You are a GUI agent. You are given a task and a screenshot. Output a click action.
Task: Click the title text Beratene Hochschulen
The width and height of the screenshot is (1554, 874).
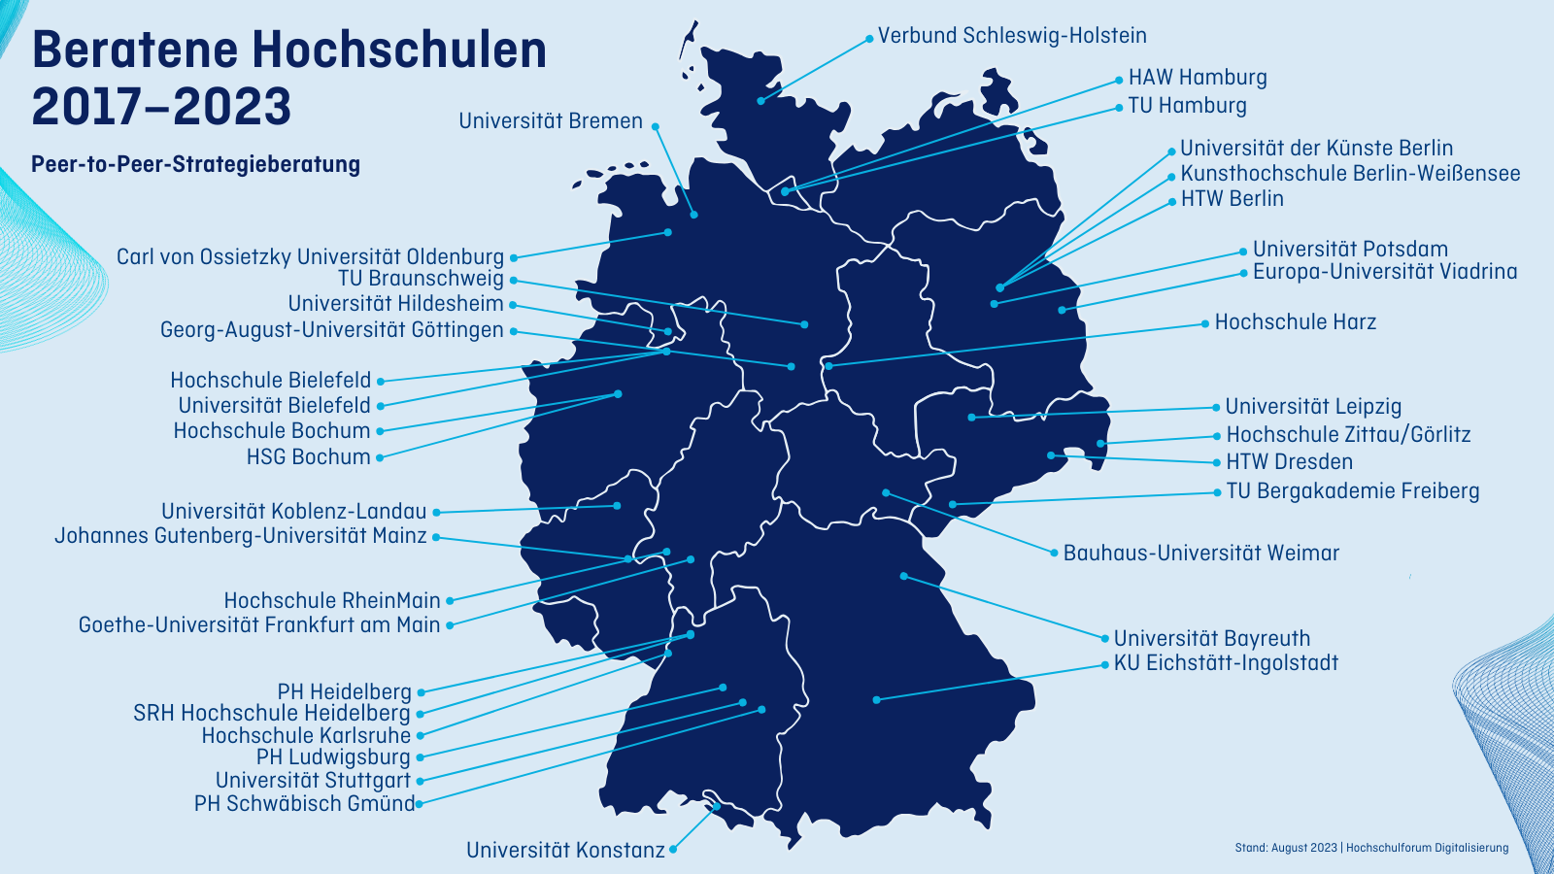(x=288, y=50)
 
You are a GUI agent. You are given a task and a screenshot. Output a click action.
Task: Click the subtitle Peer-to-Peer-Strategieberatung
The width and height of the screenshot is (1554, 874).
(x=195, y=164)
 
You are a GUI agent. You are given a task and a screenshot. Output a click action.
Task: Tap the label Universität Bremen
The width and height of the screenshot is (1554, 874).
(x=550, y=121)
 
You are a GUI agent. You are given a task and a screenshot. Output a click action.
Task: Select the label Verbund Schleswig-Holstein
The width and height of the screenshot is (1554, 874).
(x=1012, y=36)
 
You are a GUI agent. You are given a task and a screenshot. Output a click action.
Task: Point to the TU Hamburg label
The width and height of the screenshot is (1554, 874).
(x=1187, y=105)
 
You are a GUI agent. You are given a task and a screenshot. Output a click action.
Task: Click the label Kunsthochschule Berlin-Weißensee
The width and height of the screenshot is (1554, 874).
(x=1350, y=174)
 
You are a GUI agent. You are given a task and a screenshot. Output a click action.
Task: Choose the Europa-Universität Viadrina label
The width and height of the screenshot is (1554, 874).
(x=1384, y=272)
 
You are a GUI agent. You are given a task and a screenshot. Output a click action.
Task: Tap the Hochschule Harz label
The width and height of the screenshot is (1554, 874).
(x=1295, y=322)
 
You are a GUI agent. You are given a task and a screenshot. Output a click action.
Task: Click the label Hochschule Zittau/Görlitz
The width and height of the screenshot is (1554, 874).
(x=1348, y=435)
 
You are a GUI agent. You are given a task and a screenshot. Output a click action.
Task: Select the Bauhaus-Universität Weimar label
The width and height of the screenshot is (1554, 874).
(x=1200, y=554)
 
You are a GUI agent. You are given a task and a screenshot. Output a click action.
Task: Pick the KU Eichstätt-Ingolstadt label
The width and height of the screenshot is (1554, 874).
(x=1226, y=663)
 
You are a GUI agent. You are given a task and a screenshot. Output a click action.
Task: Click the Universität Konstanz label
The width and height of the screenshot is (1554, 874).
(x=565, y=851)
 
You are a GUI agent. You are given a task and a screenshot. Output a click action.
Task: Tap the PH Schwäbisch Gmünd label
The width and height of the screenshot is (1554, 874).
(x=304, y=804)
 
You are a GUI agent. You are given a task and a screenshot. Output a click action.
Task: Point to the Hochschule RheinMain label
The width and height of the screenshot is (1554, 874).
(x=332, y=601)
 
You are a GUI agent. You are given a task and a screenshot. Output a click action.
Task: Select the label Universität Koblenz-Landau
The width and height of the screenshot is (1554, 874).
(x=293, y=512)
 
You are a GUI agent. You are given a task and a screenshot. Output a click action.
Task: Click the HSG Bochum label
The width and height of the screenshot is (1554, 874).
(x=308, y=457)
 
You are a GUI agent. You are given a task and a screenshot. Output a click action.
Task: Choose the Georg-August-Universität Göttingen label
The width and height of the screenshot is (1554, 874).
(x=331, y=330)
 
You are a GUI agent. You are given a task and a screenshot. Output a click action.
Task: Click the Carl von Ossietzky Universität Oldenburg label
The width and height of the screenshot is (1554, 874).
(x=310, y=257)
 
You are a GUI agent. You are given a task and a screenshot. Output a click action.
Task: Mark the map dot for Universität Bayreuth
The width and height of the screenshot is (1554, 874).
(x=903, y=576)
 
